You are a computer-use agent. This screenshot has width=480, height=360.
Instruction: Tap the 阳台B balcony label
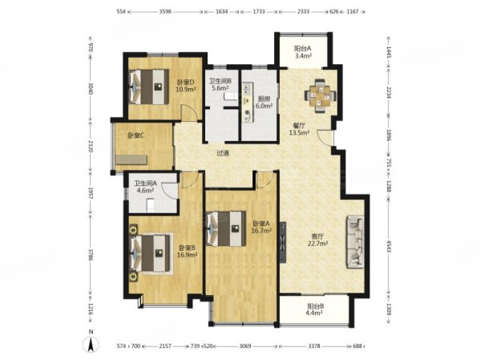tap(315, 310)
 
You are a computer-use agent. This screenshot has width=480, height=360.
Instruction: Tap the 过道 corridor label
tap(224, 154)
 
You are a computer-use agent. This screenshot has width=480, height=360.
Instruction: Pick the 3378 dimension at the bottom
tap(315, 346)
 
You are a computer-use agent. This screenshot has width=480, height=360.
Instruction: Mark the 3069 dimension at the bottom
tap(245, 346)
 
